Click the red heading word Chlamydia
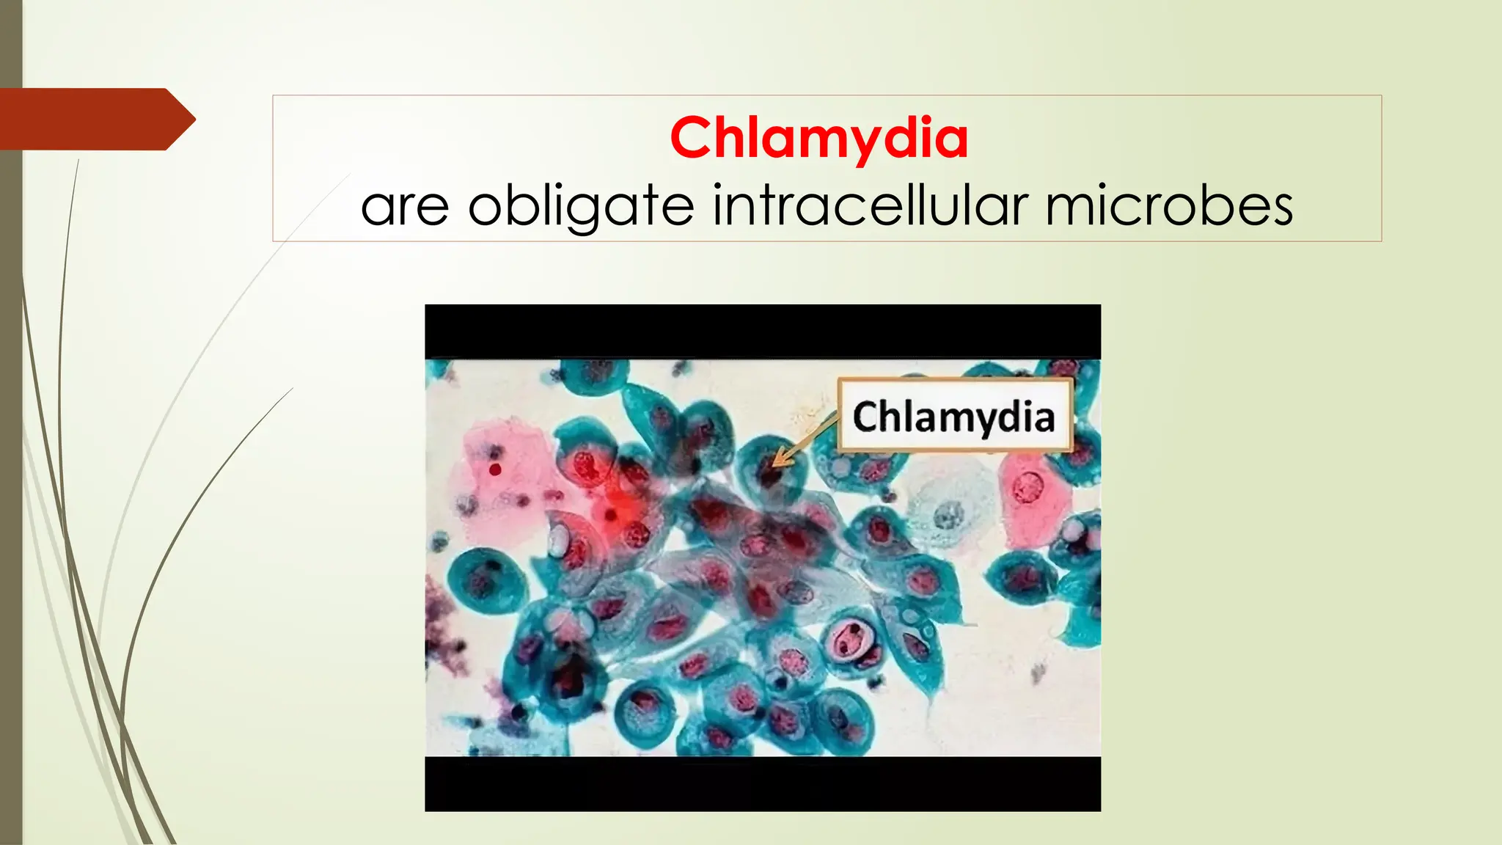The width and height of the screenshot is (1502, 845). pyautogui.click(x=818, y=138)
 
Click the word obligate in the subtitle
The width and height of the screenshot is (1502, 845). pyautogui.click(x=580, y=207)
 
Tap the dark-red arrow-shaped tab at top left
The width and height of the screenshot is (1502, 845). pyautogui.click(x=95, y=119)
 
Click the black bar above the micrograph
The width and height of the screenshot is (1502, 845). pyautogui.click(x=763, y=331)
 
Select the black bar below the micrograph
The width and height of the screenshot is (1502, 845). pyautogui.click(x=763, y=783)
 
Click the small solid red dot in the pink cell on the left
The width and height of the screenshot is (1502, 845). pyautogui.click(x=495, y=469)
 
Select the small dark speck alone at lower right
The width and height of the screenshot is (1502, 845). pyautogui.click(x=1038, y=671)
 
